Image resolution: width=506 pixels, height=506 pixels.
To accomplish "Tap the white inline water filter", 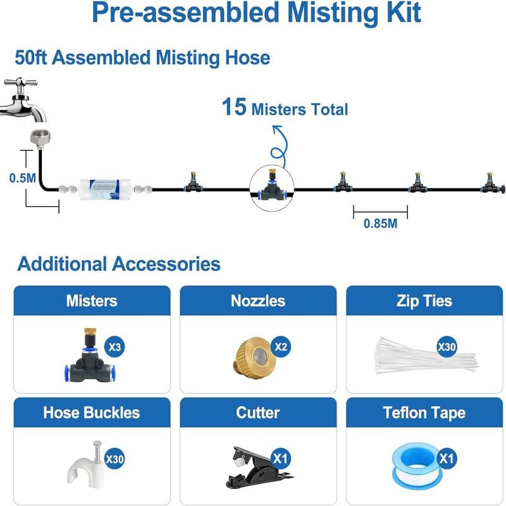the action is [104, 189].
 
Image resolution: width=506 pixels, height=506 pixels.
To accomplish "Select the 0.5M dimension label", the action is [22, 178].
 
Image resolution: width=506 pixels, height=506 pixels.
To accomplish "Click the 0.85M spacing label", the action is [380, 223].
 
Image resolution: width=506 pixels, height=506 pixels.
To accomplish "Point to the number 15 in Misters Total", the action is [234, 107].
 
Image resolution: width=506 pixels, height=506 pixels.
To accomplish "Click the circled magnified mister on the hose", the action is [272, 188].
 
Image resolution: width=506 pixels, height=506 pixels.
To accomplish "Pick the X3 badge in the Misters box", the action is [114, 347].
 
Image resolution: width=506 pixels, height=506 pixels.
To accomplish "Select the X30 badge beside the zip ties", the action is [447, 347].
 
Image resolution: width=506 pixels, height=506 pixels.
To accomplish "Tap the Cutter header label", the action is [258, 413].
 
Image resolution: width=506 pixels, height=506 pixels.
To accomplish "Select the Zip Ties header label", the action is [424, 302].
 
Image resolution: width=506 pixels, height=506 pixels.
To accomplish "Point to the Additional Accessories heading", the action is [119, 264].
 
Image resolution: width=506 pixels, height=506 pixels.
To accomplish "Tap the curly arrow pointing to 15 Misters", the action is [280, 147].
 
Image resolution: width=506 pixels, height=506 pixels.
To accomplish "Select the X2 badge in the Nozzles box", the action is [281, 347].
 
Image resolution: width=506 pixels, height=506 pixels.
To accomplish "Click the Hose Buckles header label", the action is [92, 413].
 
